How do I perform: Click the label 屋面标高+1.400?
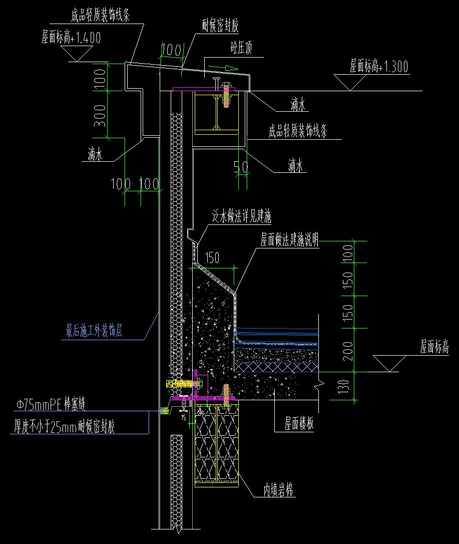72,37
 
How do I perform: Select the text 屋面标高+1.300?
379,66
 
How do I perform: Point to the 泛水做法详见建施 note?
242,217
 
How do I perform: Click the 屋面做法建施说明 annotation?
290,238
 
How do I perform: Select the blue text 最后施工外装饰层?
95,331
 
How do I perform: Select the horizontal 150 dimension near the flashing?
213,258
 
